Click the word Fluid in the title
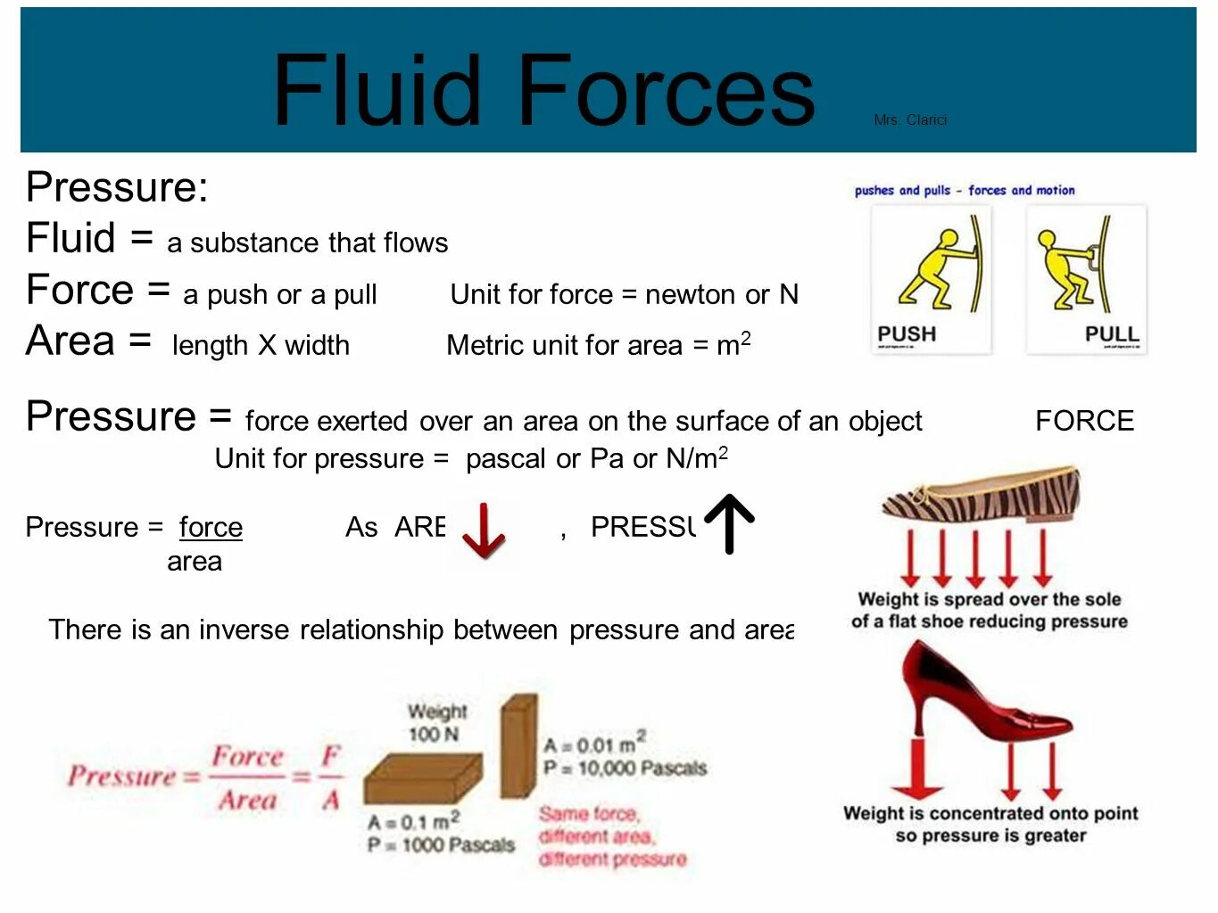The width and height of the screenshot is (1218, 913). pyautogui.click(x=377, y=90)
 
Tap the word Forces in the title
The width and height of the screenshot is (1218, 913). pyautogui.click(x=666, y=90)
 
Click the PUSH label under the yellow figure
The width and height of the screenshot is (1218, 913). pyautogui.click(x=907, y=334)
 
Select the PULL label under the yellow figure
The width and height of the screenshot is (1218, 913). pyautogui.click(x=1111, y=334)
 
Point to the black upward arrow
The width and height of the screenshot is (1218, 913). pyautogui.click(x=729, y=523)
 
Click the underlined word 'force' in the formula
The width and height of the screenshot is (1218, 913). pyautogui.click(x=211, y=527)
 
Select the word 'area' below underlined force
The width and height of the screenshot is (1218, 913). pyautogui.click(x=195, y=562)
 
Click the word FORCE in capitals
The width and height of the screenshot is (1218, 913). pyautogui.click(x=1084, y=421)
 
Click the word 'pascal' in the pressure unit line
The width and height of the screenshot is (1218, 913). pyautogui.click(x=506, y=459)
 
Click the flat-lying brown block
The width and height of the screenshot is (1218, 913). pyautogui.click(x=423, y=780)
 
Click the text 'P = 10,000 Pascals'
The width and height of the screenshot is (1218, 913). pyautogui.click(x=625, y=768)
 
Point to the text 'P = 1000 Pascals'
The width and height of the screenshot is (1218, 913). pyautogui.click(x=441, y=844)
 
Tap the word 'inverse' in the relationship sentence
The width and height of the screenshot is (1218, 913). pyautogui.click(x=244, y=629)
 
